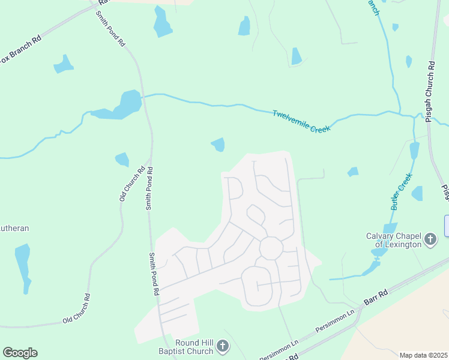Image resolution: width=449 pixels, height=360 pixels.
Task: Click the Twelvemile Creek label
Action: point(301,121)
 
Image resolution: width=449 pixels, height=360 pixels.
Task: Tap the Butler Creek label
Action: point(400,191)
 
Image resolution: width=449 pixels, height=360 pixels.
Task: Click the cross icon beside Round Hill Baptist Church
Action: point(223,346)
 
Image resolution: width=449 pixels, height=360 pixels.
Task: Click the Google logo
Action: point(20,353)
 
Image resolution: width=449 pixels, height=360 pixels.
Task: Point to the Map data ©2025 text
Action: point(423,355)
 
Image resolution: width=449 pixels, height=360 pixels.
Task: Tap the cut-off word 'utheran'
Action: point(14,228)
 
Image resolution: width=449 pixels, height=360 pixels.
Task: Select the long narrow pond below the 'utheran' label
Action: point(23,264)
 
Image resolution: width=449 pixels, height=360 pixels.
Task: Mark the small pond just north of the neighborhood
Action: point(218,144)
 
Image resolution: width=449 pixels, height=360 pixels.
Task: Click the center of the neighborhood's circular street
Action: point(271,248)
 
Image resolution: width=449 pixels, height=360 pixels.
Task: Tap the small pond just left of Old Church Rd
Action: point(122,160)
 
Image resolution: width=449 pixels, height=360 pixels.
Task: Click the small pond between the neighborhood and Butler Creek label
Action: point(353,172)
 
